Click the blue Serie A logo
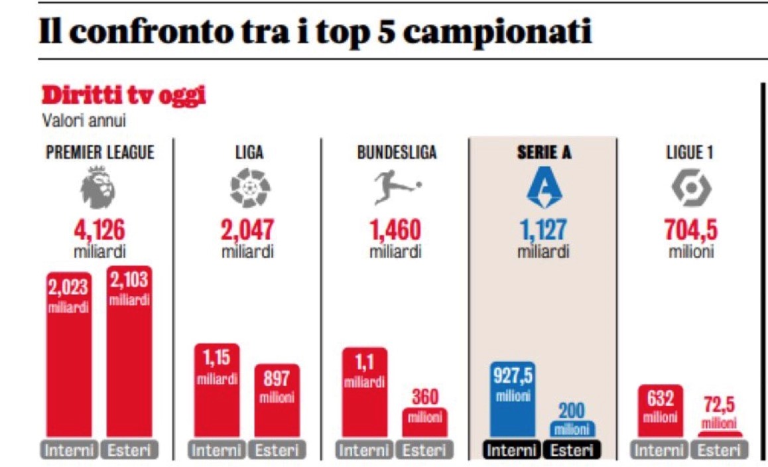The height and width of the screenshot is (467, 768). click(x=543, y=188)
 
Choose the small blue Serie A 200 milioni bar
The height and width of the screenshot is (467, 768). click(x=572, y=428)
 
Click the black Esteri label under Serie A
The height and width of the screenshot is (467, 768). click(x=572, y=450)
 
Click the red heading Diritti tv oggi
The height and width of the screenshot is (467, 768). click(x=123, y=96)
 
